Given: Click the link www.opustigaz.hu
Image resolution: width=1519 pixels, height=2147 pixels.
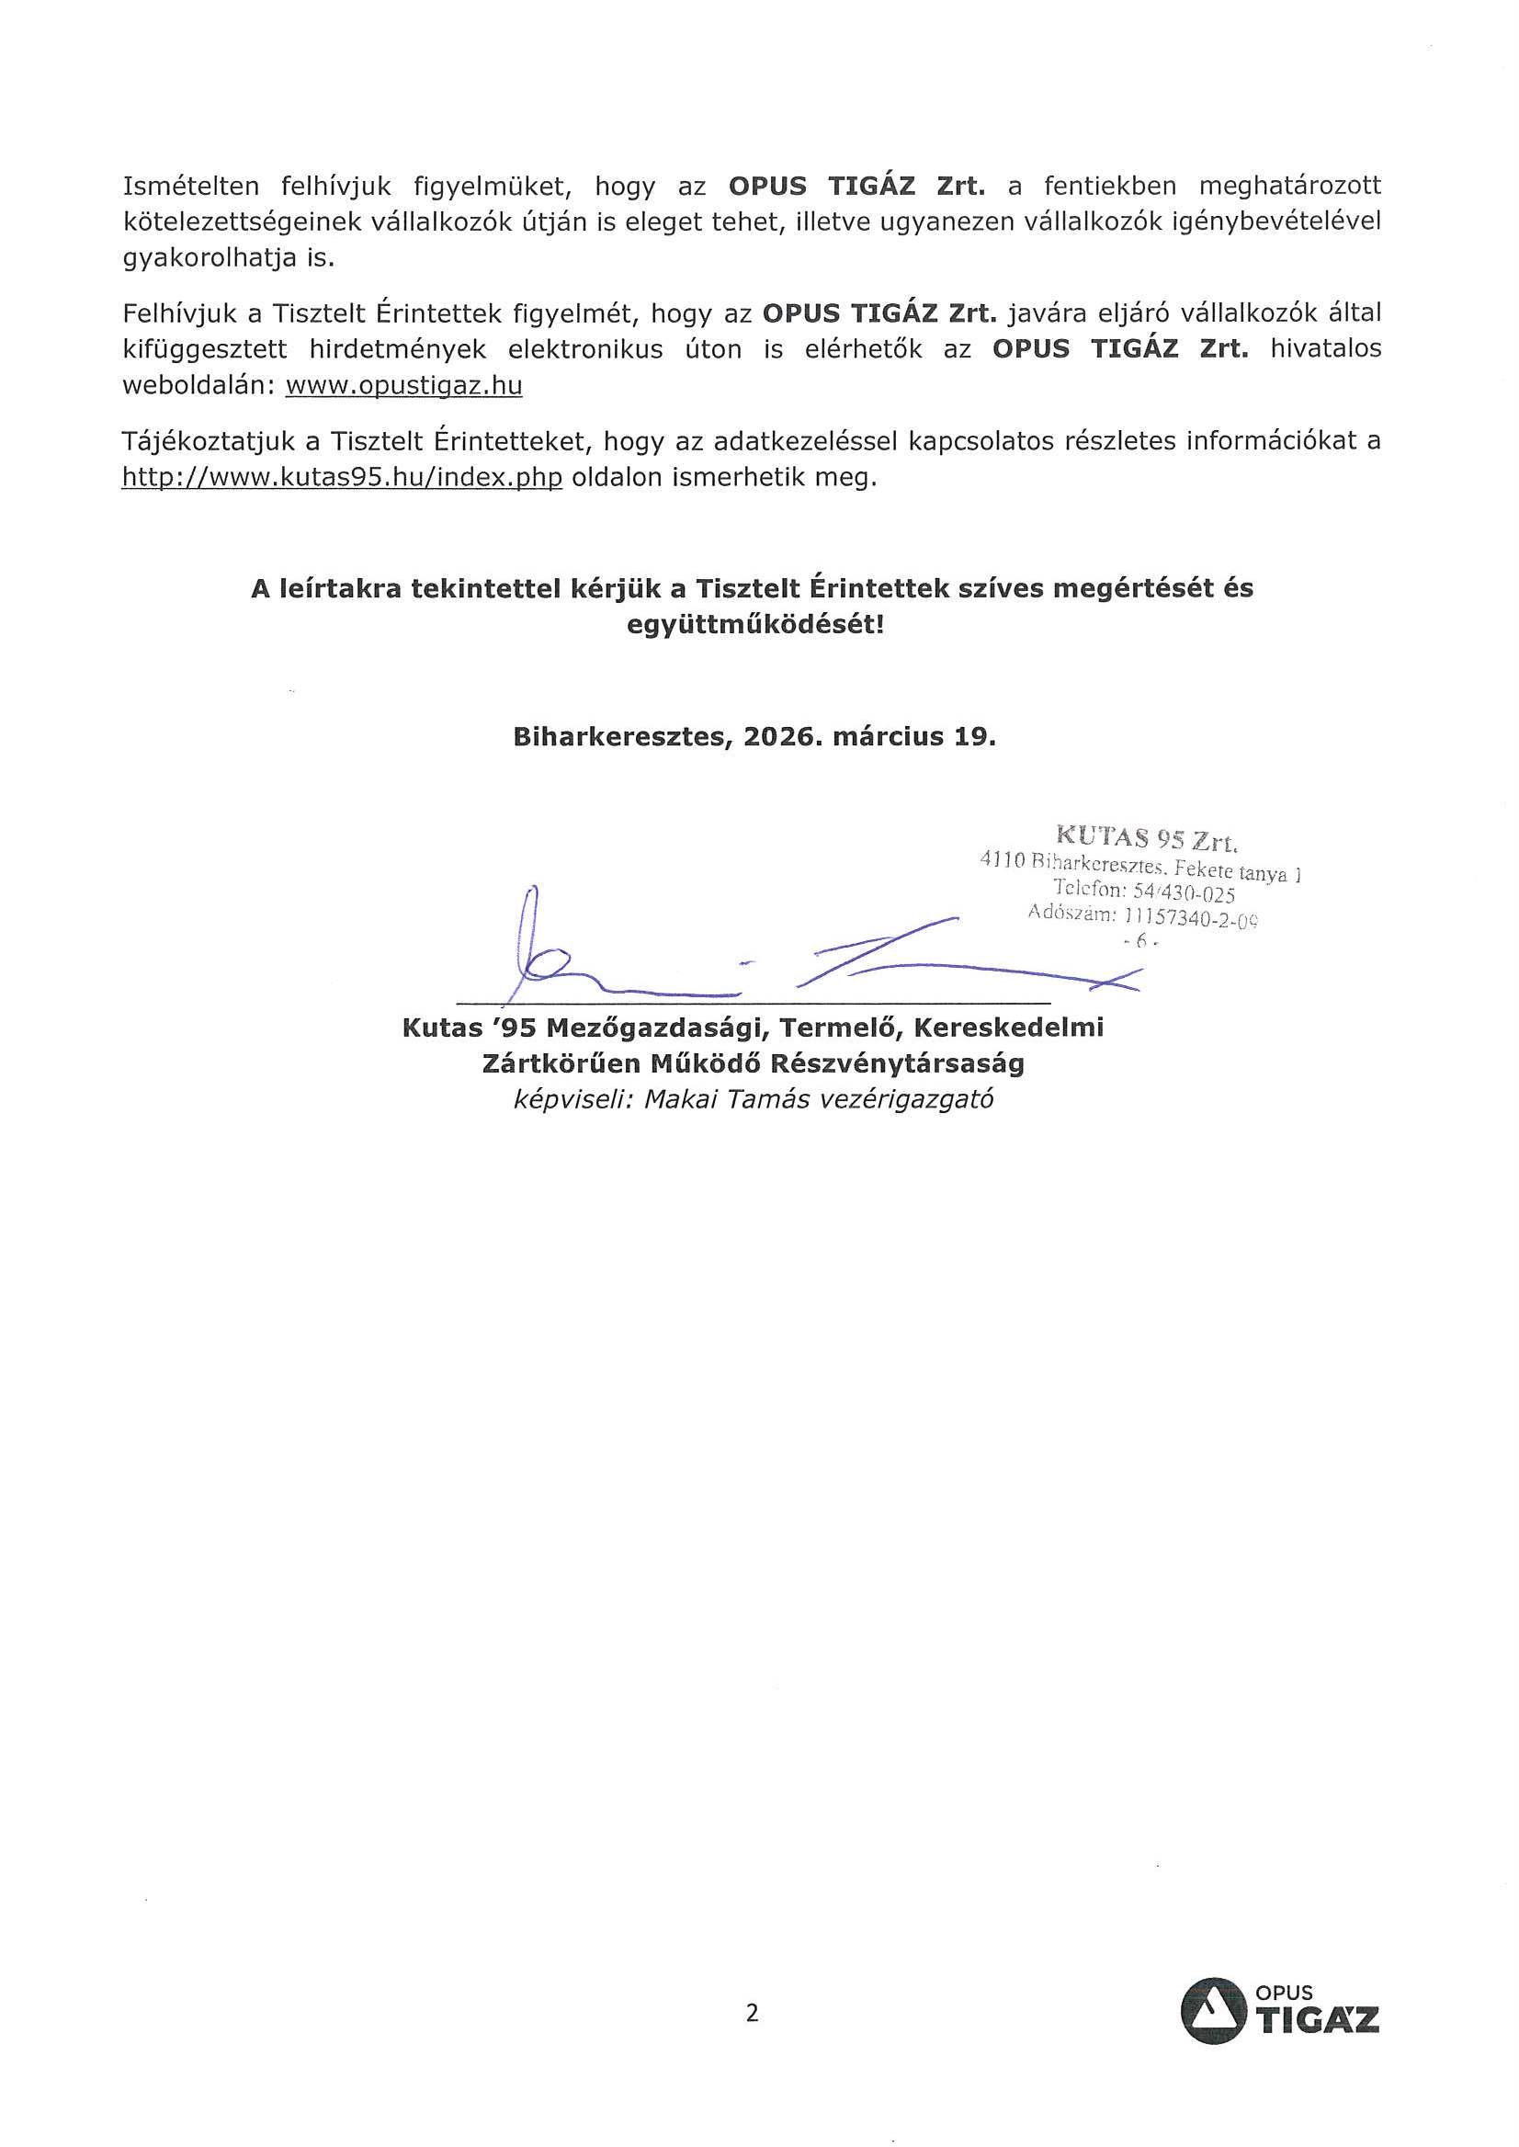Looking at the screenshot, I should pos(403,385).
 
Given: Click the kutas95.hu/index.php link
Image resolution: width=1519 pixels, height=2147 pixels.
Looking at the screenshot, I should pos(342,477).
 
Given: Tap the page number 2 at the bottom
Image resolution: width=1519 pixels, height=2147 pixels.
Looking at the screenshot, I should pos(752,2012).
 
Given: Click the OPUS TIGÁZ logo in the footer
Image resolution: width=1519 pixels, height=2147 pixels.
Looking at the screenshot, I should pos(1278,2010).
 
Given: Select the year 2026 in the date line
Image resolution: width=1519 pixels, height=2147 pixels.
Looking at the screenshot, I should pos(782,736).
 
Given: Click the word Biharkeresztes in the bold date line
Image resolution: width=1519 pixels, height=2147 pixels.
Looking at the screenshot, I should pos(621,737).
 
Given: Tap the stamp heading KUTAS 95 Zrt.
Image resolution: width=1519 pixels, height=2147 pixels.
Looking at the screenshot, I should pos(1147,837).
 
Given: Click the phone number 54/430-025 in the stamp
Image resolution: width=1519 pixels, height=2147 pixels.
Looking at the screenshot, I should pos(1184,892).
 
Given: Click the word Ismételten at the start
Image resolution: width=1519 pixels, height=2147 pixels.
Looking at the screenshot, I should pos(191,187).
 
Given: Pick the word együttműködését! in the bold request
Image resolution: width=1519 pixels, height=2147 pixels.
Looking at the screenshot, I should pos(754,624).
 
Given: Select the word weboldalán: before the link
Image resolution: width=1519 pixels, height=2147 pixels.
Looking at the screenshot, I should pos(199,385).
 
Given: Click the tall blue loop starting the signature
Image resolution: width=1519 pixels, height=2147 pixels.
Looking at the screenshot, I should pos(531,926).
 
